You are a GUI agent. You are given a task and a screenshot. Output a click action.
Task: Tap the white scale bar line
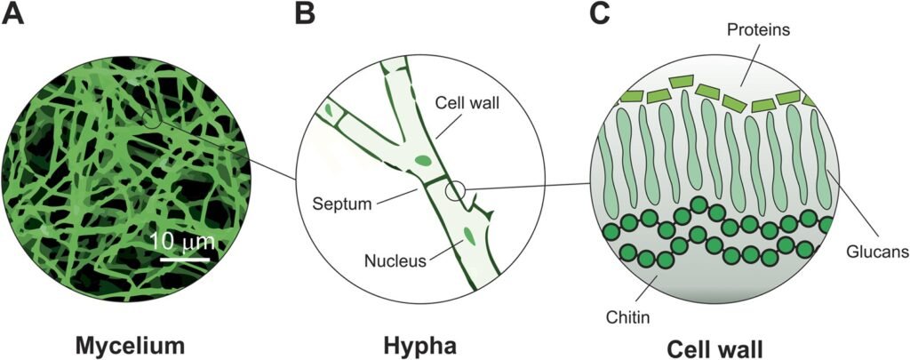[x=185, y=260]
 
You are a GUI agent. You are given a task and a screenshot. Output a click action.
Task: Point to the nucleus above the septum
[x=424, y=162]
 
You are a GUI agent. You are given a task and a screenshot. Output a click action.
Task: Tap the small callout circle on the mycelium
[x=153, y=118]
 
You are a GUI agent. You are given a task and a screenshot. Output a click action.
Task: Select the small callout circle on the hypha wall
[x=456, y=189]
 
